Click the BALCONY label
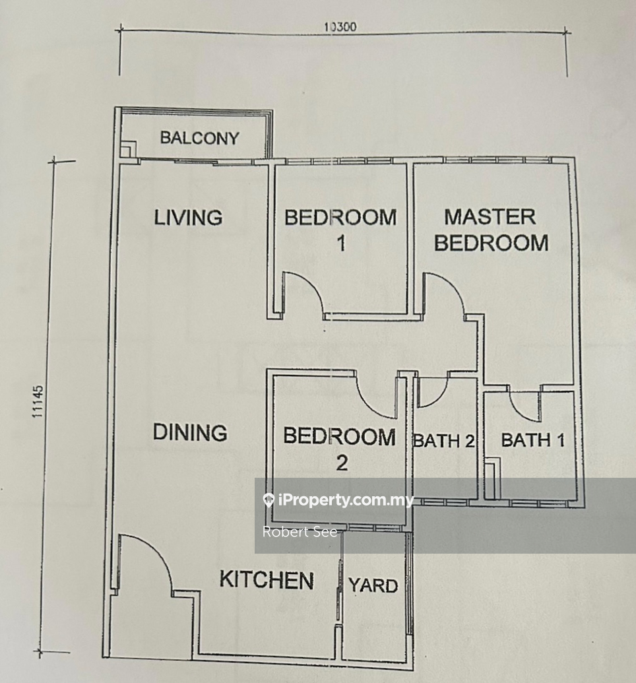(x=199, y=138)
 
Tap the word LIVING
(x=188, y=217)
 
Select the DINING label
(x=190, y=432)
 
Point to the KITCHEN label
(x=267, y=580)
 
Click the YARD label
(x=373, y=585)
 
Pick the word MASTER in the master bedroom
(x=490, y=217)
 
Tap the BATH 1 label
(x=533, y=439)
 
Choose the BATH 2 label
(x=443, y=441)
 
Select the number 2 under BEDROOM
(x=342, y=463)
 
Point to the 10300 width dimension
(x=340, y=27)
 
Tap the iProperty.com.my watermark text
(x=339, y=500)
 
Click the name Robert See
(x=300, y=532)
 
